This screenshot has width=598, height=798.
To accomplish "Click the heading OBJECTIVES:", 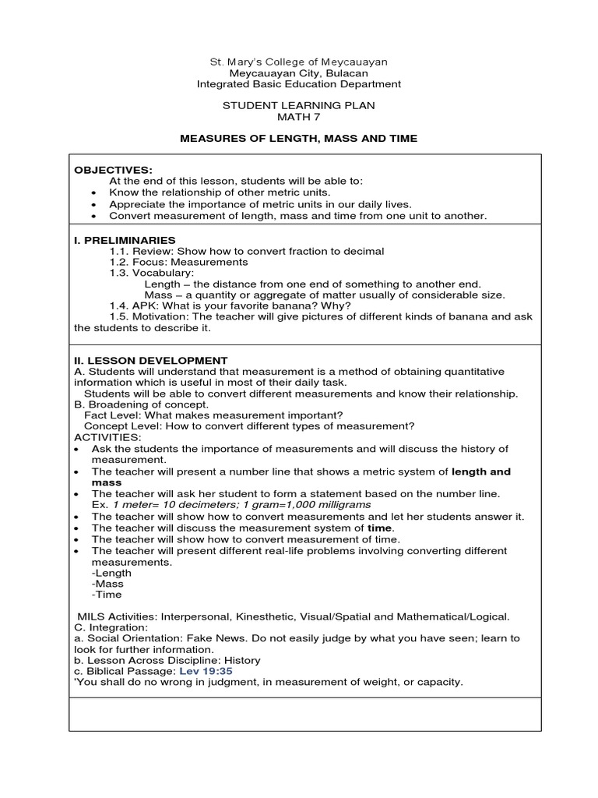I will click(113, 170).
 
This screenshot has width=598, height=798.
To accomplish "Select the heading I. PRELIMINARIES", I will click(125, 240).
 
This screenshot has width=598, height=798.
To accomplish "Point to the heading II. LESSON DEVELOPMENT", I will click(151, 361).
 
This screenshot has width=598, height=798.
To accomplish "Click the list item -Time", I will click(107, 595).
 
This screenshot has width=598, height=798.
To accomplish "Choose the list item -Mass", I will click(107, 584).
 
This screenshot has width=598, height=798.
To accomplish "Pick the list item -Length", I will click(112, 573).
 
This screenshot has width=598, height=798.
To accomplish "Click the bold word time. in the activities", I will click(380, 528).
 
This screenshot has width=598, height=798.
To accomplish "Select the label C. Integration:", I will click(110, 627).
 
